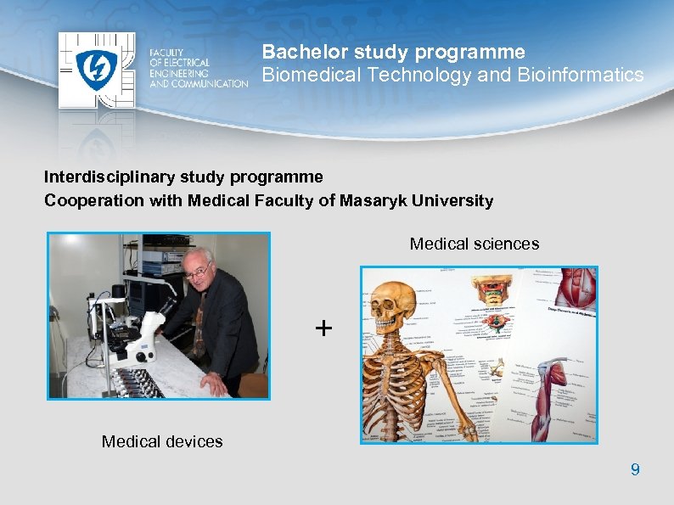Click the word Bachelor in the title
pyautogui.click(x=299, y=52)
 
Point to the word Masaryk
pyautogui.click(x=371, y=201)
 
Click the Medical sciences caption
pyautogui.click(x=474, y=244)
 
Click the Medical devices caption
pyautogui.click(x=162, y=441)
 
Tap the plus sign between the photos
pyautogui.click(x=323, y=328)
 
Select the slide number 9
pyautogui.click(x=635, y=469)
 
